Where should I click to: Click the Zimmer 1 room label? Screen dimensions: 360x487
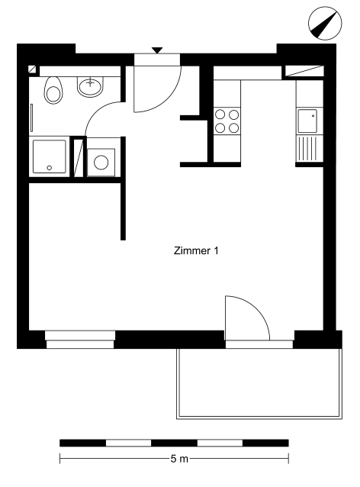(196, 250)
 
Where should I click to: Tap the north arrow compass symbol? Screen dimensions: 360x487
(325, 24)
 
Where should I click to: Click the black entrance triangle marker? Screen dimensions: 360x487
(157, 50)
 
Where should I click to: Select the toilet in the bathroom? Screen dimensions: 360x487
(53, 90)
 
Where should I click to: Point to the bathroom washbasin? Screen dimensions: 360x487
(90, 87)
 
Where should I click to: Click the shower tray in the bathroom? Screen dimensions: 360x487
(50, 156)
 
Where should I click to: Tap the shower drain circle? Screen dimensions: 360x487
(50, 168)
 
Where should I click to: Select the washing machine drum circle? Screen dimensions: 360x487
(101, 163)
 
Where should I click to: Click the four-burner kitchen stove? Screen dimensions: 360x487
(227, 121)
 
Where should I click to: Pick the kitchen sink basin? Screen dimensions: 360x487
(307, 121)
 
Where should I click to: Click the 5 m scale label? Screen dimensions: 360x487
(179, 459)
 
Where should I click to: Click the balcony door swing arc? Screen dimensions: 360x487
(256, 308)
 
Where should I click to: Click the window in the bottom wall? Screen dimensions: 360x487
(80, 340)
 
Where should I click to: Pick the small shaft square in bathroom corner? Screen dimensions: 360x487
(32, 69)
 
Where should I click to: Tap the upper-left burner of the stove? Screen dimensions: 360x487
(220, 114)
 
